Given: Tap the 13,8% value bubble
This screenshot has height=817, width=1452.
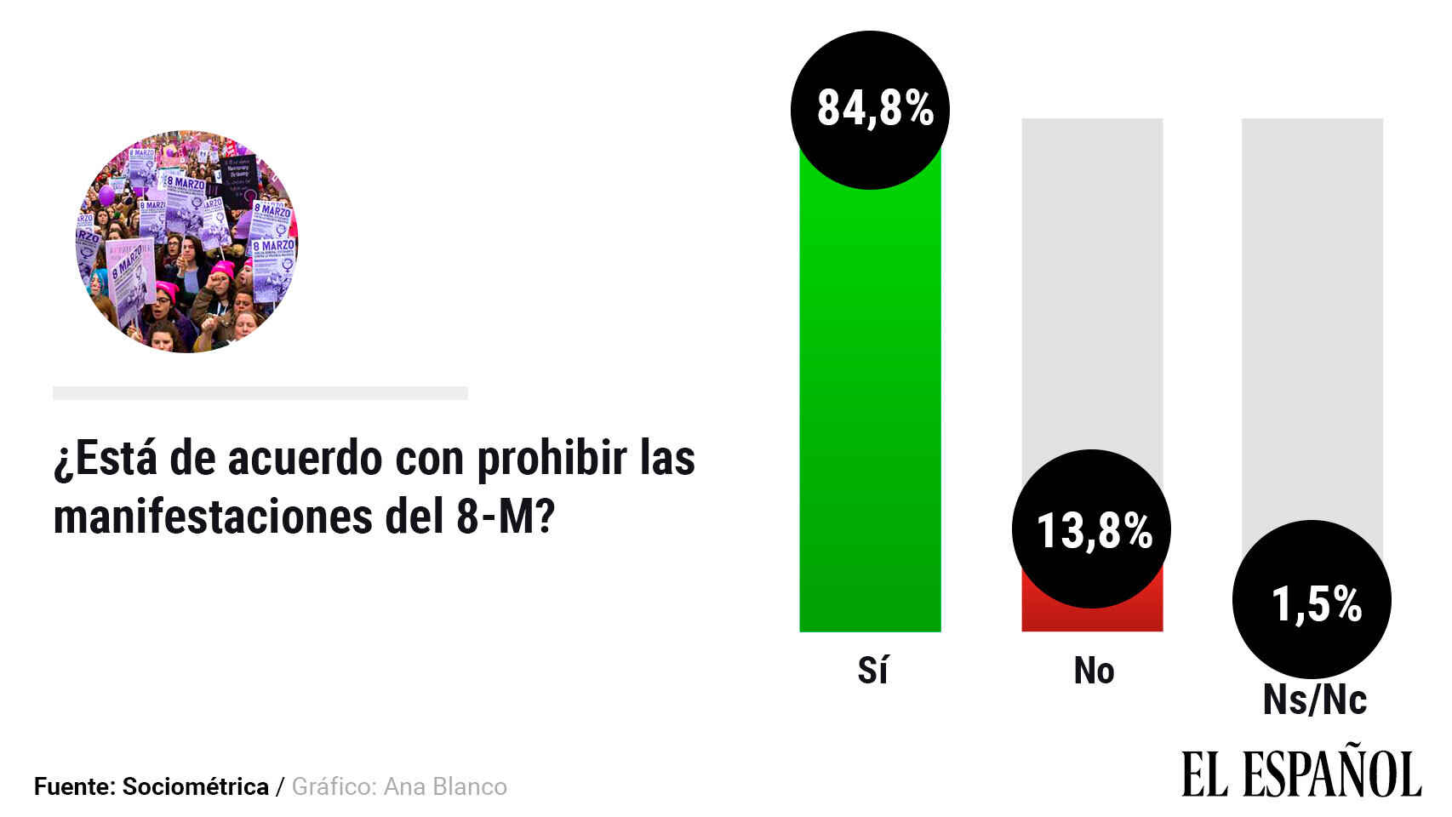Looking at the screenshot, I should pyautogui.click(x=1091, y=529).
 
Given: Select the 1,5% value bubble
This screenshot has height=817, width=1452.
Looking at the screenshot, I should pyautogui.click(x=1312, y=600).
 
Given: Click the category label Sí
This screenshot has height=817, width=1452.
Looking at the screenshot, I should pyautogui.click(x=872, y=671).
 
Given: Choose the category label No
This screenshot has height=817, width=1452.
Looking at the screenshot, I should pyautogui.click(x=1094, y=671).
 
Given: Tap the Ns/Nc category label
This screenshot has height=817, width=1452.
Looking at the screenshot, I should pyautogui.click(x=1314, y=700).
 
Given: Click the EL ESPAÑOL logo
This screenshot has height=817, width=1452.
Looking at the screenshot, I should pyautogui.click(x=1301, y=774).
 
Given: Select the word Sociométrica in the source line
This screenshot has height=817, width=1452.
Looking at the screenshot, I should pyautogui.click(x=195, y=786).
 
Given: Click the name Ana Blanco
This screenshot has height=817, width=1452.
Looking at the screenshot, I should pyautogui.click(x=445, y=786).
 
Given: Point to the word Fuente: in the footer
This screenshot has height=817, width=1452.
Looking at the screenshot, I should pyautogui.click(x=74, y=786).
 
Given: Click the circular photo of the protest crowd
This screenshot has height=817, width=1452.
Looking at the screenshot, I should pyautogui.click(x=186, y=242).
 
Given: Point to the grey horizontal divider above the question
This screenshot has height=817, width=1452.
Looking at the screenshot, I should pyautogui.click(x=260, y=393).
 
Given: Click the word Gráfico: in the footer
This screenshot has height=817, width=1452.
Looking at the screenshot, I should pyautogui.click(x=333, y=786).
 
